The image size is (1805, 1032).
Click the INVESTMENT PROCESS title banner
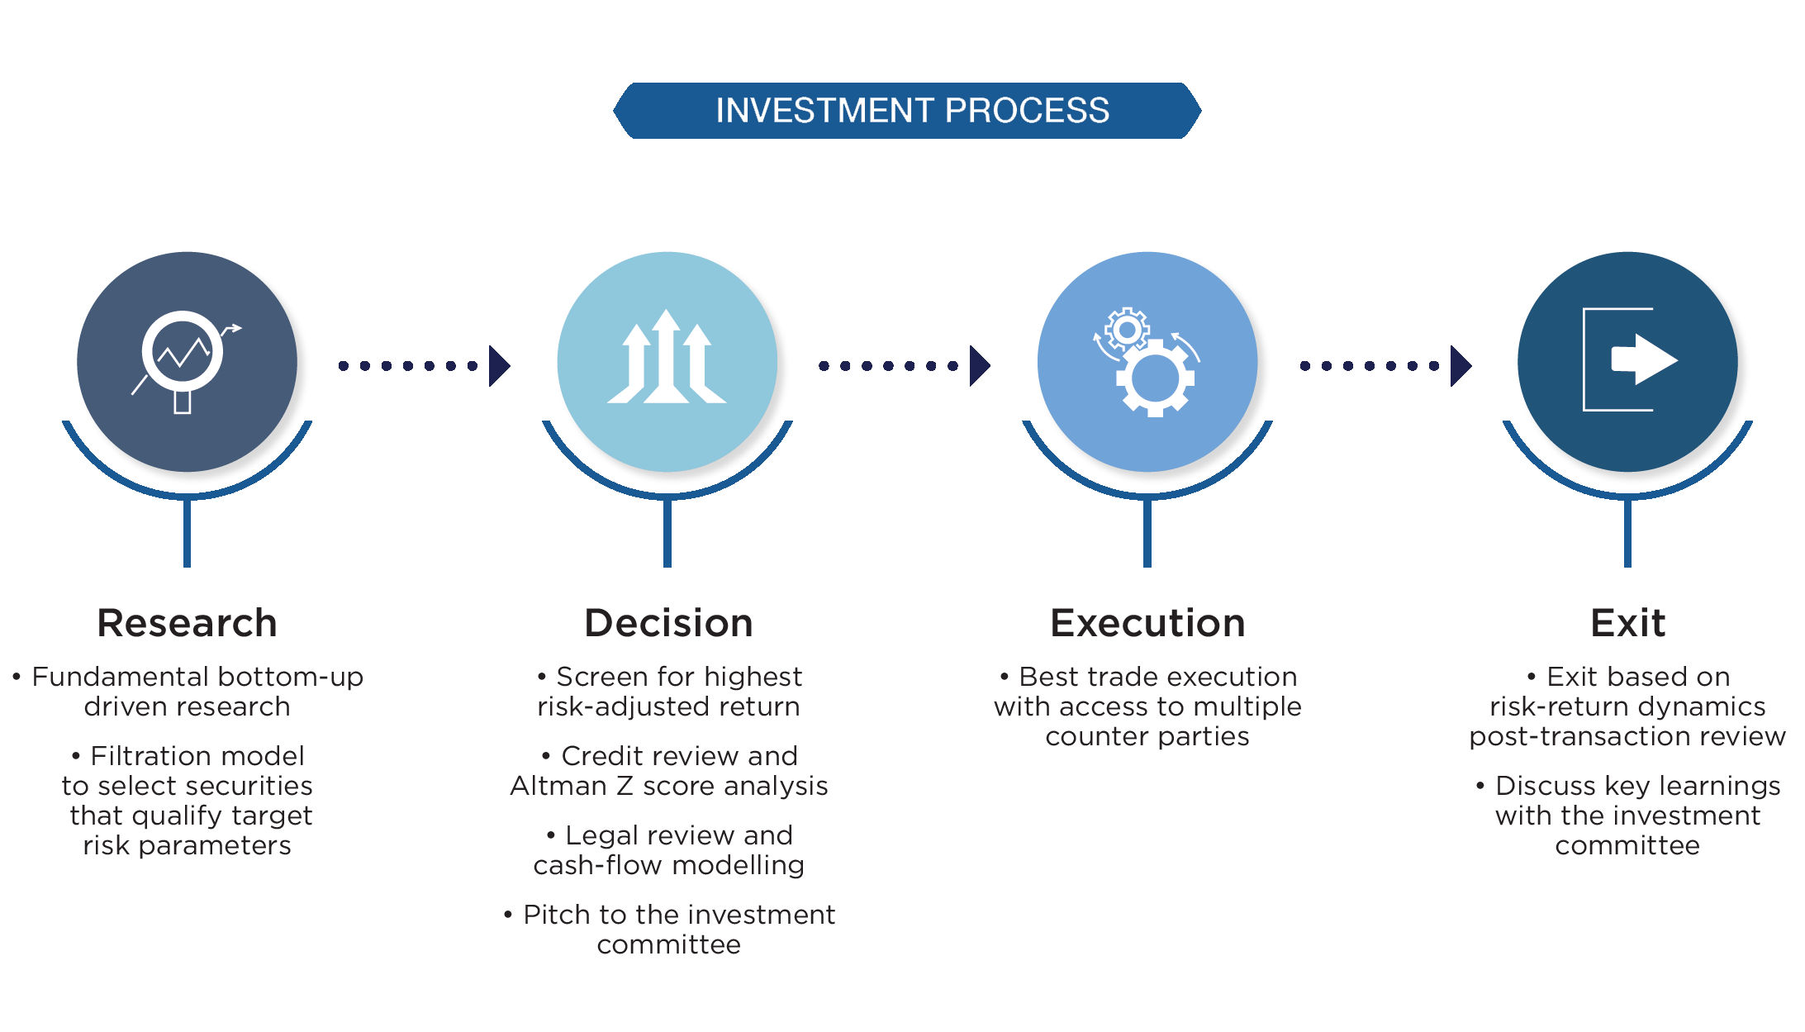(x=907, y=111)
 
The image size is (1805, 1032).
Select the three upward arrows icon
(x=667, y=359)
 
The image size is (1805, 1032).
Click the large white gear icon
(x=1155, y=378)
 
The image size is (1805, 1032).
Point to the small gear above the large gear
(x=1127, y=330)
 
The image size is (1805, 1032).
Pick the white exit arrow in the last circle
(x=1644, y=359)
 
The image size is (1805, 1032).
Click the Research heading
(x=187, y=623)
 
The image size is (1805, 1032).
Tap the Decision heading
(x=668, y=623)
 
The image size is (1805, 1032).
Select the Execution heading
(x=1147, y=623)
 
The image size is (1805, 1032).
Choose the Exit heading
(x=1627, y=623)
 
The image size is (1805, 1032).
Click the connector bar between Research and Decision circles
(x=447, y=366)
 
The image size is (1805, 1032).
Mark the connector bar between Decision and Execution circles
(x=913, y=366)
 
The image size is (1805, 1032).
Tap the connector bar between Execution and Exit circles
(x=1370, y=366)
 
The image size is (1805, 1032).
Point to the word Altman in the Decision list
(x=558, y=786)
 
